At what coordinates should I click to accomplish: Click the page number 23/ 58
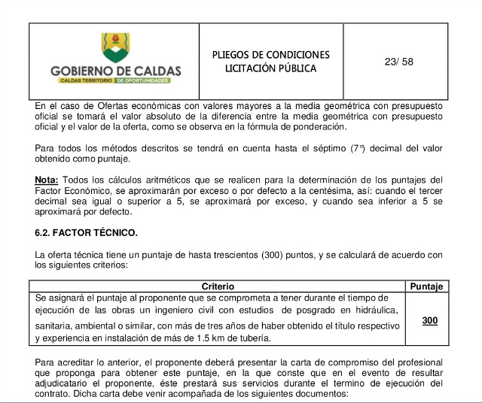[398, 62]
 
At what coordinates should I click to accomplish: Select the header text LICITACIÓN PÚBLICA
[270, 68]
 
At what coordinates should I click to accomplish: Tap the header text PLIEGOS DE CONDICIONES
[270, 55]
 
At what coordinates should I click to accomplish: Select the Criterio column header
[218, 286]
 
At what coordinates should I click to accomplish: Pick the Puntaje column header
[428, 286]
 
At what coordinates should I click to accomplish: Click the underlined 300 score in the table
[429, 320]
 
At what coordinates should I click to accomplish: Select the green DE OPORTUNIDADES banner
[148, 80]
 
